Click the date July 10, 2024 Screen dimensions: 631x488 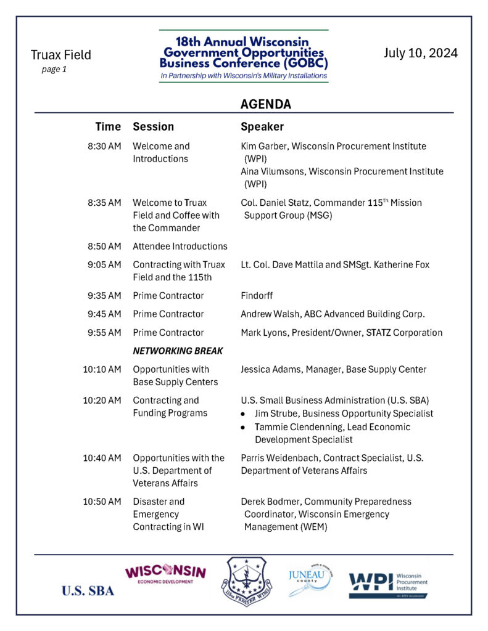pos(421,53)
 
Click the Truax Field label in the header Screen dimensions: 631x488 pos(60,55)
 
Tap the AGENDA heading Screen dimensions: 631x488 pos(265,104)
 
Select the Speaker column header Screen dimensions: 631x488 pos(262,127)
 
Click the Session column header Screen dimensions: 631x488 pos(153,127)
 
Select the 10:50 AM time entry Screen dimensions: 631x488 pos(102,502)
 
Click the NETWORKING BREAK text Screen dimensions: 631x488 pos(178,351)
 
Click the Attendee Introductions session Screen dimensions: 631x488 pos(180,246)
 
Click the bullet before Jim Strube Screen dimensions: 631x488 pos(246,414)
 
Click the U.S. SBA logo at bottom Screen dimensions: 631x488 pos(88,591)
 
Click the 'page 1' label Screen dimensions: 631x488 pos(54,70)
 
